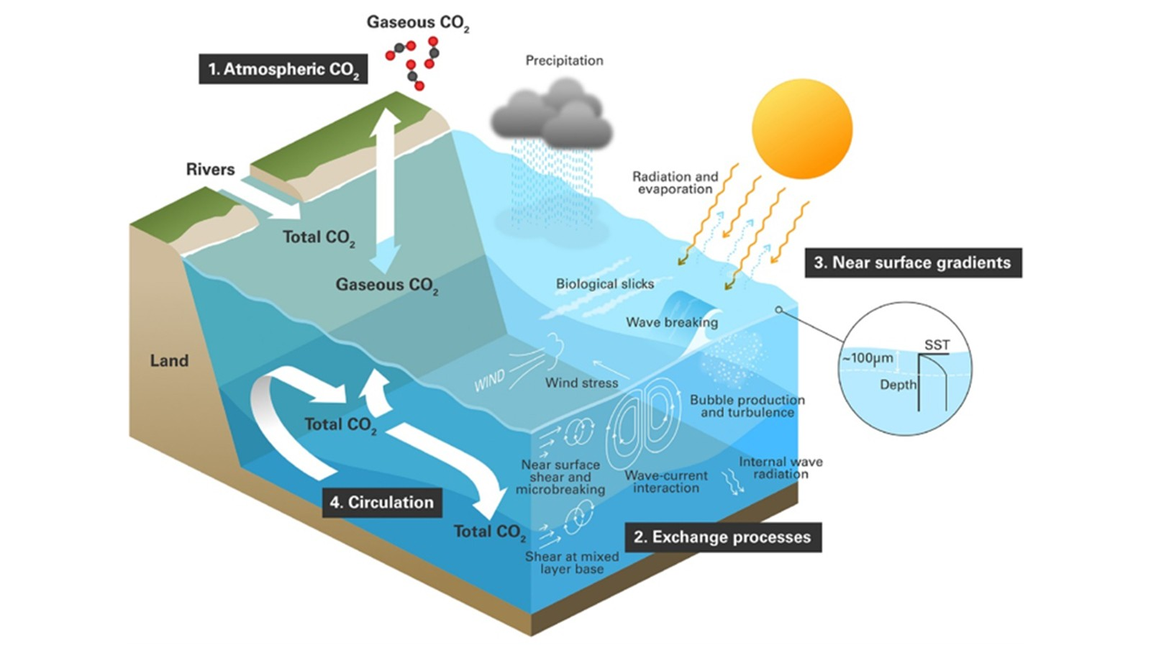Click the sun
pyautogui.click(x=801, y=129)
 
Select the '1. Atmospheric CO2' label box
pyautogui.click(x=283, y=70)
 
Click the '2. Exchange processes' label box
pyautogui.click(x=722, y=537)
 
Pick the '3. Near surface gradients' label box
pyautogui.click(x=912, y=263)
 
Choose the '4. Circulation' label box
pyautogui.click(x=381, y=502)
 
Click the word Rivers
pyautogui.click(x=210, y=170)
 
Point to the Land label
pyautogui.click(x=169, y=360)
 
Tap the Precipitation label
pyautogui.click(x=564, y=60)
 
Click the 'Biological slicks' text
pyautogui.click(x=604, y=284)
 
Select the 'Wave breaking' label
pyautogui.click(x=671, y=322)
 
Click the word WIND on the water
pyautogui.click(x=489, y=381)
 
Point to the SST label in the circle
pyautogui.click(x=937, y=345)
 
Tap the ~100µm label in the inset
pyautogui.click(x=868, y=358)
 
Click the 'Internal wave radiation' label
pyautogui.click(x=781, y=467)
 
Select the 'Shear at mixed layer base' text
pyautogui.click(x=572, y=562)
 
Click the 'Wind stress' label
pyautogui.click(x=581, y=383)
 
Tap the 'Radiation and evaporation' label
pyautogui.click(x=675, y=183)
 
